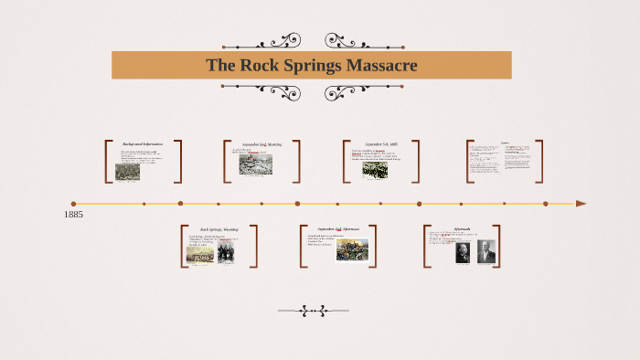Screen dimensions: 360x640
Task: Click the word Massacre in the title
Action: coord(375,65)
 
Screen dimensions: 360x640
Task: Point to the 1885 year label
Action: coord(74,214)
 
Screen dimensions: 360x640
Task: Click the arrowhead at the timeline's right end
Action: coord(581,204)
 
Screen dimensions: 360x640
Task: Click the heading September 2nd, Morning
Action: coord(261,144)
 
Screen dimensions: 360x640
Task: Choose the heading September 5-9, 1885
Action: coord(381,144)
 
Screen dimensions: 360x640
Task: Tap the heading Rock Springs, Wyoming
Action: coord(219,229)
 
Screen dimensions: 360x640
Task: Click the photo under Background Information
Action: coord(128,171)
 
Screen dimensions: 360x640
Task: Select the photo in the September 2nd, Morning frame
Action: coord(255,164)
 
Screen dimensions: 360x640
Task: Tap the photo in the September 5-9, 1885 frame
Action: coord(375,169)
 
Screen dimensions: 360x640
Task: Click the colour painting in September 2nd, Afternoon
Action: coord(352,249)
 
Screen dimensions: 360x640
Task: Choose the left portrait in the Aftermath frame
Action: coord(463,252)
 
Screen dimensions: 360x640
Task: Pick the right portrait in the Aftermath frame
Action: coord(485,252)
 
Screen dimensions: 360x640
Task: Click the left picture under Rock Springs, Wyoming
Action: coord(198,255)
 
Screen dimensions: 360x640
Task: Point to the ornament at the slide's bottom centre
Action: coord(315,311)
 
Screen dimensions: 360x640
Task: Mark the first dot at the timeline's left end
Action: coord(73,204)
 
